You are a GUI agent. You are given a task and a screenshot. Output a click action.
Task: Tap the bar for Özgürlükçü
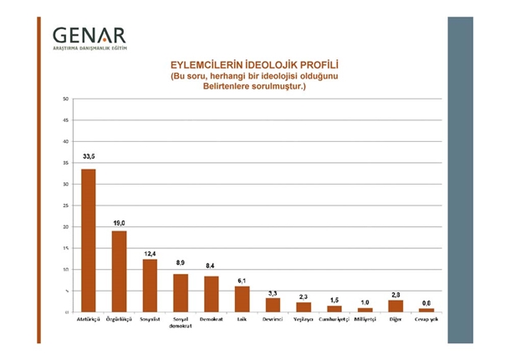(x=119, y=271)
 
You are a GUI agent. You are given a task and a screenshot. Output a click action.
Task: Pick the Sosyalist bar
(x=150, y=286)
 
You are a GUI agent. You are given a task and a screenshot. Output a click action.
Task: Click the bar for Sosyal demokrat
(x=181, y=293)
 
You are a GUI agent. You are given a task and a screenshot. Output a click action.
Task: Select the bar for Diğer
(x=395, y=306)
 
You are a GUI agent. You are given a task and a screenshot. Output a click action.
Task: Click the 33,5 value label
(x=88, y=155)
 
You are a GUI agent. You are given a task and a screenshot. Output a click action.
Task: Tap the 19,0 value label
(x=119, y=223)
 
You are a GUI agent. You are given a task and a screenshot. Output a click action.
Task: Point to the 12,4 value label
(x=150, y=252)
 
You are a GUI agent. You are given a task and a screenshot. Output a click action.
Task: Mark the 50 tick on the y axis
(x=65, y=99)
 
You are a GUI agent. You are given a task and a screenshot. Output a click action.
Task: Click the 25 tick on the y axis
(x=65, y=205)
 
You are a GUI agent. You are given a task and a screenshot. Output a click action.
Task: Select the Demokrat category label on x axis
(x=211, y=320)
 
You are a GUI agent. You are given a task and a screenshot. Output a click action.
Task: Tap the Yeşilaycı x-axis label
(x=303, y=320)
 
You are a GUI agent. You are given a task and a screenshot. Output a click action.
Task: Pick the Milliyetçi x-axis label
(x=365, y=320)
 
